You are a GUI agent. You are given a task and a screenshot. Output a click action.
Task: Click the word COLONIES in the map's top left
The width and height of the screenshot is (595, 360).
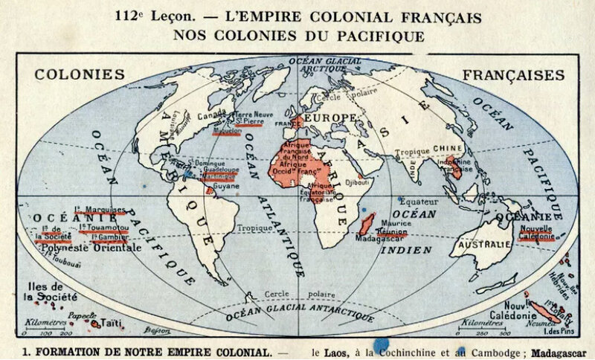(80, 75)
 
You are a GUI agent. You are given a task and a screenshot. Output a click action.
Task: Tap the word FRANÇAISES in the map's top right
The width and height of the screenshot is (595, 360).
(513, 75)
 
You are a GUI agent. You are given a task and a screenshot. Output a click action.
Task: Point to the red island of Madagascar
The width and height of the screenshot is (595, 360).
(366, 224)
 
